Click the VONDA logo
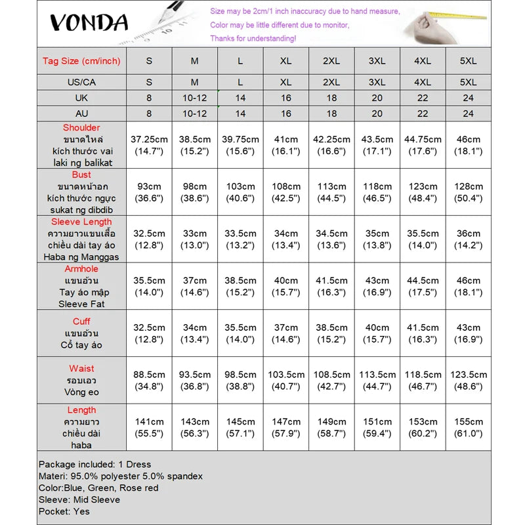pyautogui.click(x=89, y=23)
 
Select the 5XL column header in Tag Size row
pyautogui.click(x=468, y=61)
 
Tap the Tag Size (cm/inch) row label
pyautogui.click(x=81, y=61)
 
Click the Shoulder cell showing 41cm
pyautogui.click(x=286, y=145)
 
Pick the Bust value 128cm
pyautogui.click(x=468, y=192)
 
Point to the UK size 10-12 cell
pyautogui.click(x=195, y=98)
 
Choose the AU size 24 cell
pyautogui.click(x=468, y=113)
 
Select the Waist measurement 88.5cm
pyautogui.click(x=149, y=381)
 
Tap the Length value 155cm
pyautogui.click(x=468, y=427)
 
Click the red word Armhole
pyautogui.click(x=82, y=269)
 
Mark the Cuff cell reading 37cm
pyautogui.click(x=286, y=333)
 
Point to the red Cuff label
pyautogui.click(x=82, y=322)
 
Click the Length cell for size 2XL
pyautogui.click(x=331, y=427)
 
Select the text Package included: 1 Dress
pyautogui.click(x=95, y=465)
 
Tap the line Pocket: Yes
pyautogui.click(x=64, y=511)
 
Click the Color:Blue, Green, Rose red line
pyautogui.click(x=98, y=488)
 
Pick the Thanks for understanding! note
pyautogui.click(x=253, y=38)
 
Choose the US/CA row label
pyautogui.click(x=81, y=83)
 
